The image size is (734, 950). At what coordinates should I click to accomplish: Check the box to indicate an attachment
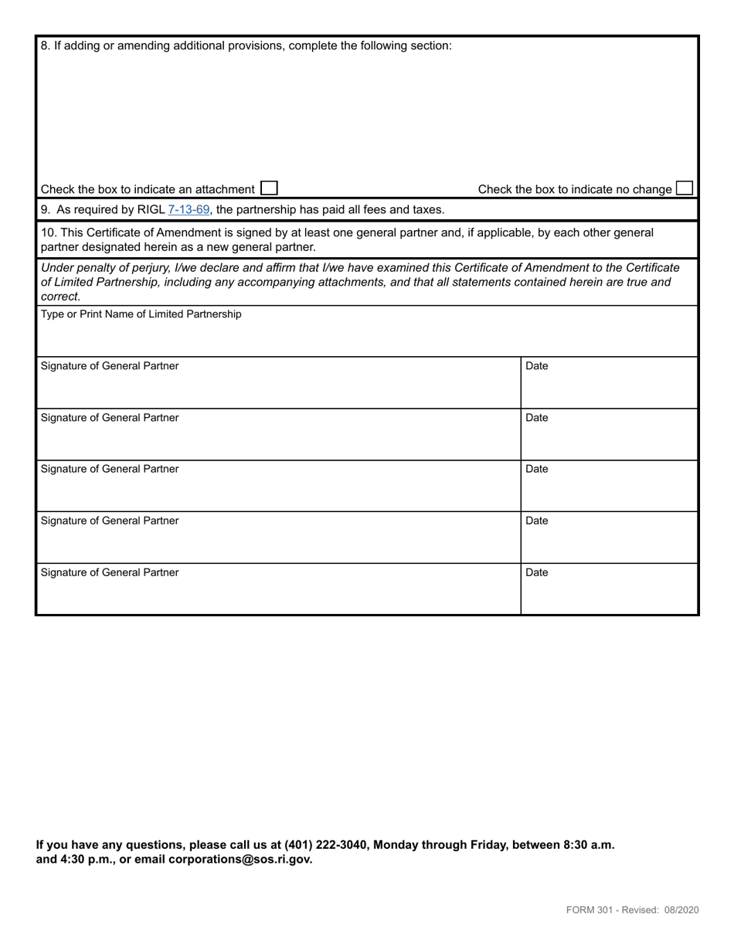point(269,188)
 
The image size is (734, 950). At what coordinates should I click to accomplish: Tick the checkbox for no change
point(684,188)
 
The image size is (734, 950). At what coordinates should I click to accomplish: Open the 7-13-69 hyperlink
point(189,209)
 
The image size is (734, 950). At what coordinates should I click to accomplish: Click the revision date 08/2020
point(681,910)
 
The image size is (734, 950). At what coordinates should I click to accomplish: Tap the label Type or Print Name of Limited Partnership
point(141,314)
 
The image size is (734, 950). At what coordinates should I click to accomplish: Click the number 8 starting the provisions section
point(44,46)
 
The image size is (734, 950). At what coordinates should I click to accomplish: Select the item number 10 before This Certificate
point(47,232)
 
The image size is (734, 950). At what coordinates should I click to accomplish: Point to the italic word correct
point(59,296)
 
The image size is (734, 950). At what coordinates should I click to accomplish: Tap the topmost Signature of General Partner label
point(109,366)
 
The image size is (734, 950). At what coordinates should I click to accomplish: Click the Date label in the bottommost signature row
point(536,572)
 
